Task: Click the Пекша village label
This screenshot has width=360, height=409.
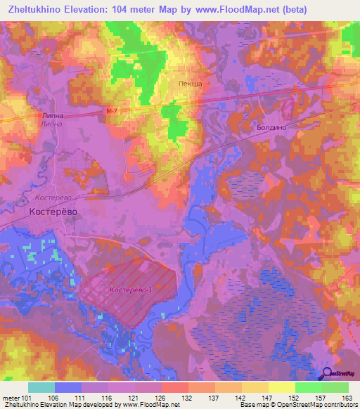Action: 189,84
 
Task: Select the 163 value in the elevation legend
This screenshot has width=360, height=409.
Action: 347,398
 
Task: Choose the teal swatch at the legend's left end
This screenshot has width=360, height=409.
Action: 41,387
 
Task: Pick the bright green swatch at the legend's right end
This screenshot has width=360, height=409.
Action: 335,387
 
